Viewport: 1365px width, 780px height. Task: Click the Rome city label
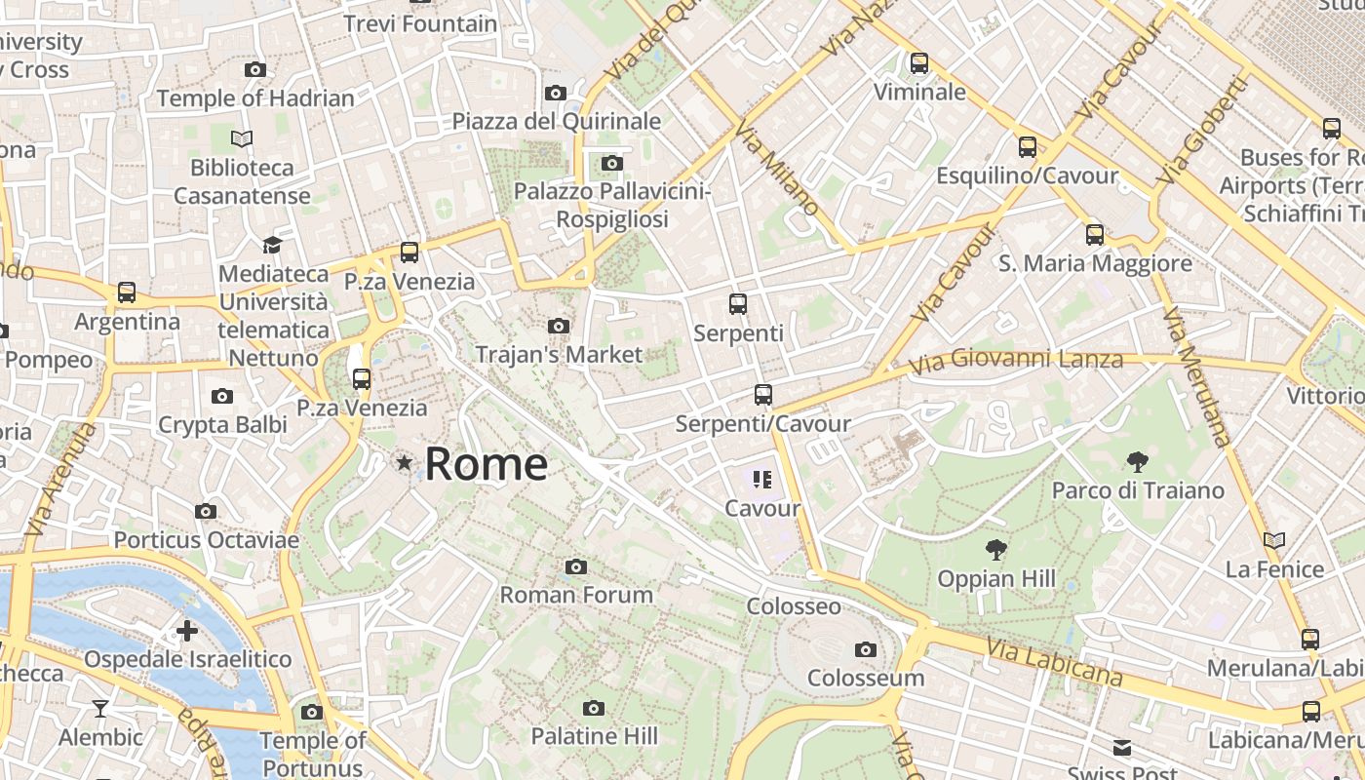click(486, 464)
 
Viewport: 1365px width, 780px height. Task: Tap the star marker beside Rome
click(404, 462)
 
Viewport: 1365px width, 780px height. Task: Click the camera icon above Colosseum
click(865, 649)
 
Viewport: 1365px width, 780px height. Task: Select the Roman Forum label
click(575, 594)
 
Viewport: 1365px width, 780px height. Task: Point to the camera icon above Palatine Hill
click(593, 708)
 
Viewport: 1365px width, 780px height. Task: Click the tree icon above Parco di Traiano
click(1137, 461)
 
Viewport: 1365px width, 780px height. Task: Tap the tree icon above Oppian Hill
click(995, 550)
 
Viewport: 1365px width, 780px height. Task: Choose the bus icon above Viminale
click(918, 63)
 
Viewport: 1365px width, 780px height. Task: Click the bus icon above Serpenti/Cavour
click(762, 395)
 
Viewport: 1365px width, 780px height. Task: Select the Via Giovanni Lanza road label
click(1015, 362)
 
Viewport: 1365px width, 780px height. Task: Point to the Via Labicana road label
click(1053, 662)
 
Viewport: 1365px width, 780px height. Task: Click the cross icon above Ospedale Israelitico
click(187, 631)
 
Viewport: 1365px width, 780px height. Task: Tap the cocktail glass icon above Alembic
click(99, 708)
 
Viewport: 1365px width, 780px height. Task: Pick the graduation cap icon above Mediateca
click(272, 245)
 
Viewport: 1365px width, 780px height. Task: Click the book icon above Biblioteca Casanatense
click(242, 138)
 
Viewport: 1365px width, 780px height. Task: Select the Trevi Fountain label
click(420, 23)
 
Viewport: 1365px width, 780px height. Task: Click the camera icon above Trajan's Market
click(559, 326)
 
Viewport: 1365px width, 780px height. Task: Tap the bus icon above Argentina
click(127, 292)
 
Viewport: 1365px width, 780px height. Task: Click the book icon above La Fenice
click(1273, 540)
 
